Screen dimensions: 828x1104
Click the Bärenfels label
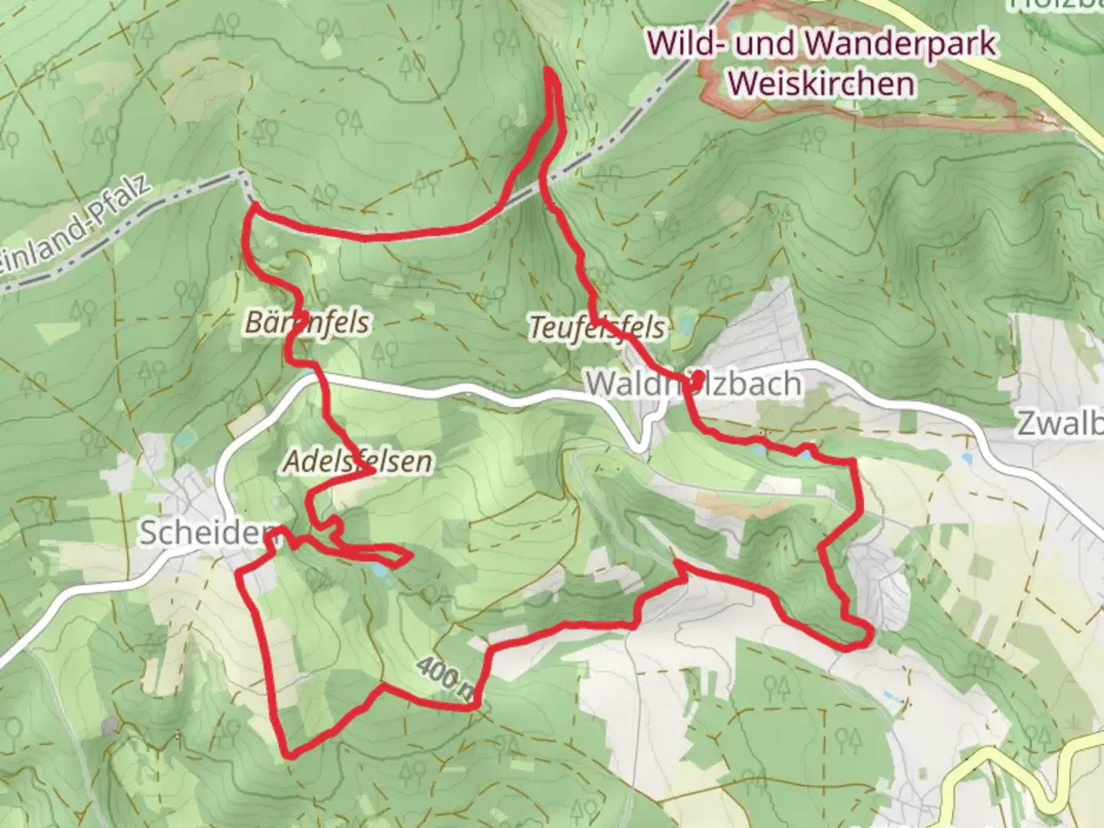click(307, 322)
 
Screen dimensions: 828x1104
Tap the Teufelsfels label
click(597, 328)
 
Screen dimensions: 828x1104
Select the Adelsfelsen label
click(357, 461)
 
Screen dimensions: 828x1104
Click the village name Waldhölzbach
click(694, 383)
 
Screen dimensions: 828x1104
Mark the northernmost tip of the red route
click(550, 71)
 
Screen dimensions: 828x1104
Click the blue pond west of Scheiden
click(184, 439)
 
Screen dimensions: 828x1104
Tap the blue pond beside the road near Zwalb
click(965, 459)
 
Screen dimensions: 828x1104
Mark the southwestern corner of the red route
click(288, 754)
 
